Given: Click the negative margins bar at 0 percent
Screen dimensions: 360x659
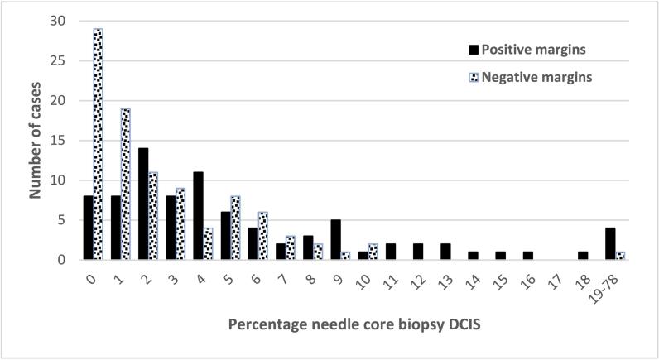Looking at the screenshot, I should (x=99, y=145).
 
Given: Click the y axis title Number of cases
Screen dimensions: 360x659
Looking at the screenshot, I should (x=36, y=141).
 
